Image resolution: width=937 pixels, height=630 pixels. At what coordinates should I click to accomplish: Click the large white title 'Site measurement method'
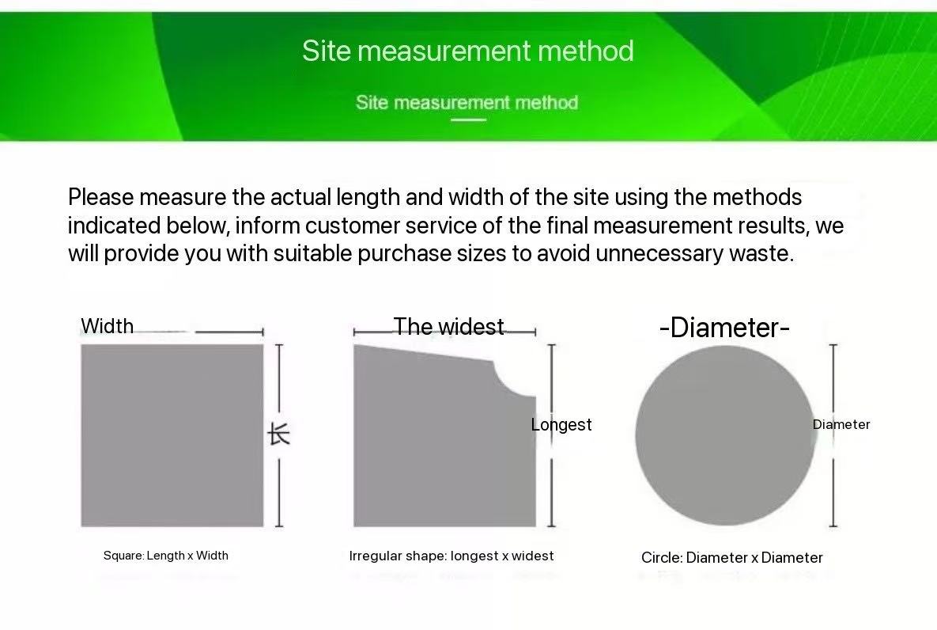[467, 51]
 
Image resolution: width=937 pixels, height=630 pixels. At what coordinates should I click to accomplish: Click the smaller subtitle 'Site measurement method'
[467, 103]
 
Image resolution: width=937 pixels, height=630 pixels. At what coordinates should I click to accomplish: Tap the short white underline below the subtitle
[468, 120]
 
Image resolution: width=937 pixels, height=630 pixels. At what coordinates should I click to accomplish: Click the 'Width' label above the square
[107, 326]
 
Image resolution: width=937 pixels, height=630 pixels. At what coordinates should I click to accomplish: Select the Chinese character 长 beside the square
[279, 434]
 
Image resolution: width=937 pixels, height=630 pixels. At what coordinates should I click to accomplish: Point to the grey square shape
[172, 435]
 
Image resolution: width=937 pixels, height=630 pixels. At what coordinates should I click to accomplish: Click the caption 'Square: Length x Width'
[166, 556]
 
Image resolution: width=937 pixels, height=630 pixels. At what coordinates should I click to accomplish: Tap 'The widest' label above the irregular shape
[448, 327]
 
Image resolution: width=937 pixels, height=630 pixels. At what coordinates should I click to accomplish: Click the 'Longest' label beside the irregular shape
[561, 425]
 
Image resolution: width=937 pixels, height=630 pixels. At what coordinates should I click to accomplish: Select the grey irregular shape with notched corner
[435, 443]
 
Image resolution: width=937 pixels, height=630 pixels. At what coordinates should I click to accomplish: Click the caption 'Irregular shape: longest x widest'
[451, 556]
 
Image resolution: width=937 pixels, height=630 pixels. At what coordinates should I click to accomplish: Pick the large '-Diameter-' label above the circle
[724, 328]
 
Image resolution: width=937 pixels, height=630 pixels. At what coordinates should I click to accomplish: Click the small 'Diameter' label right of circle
[841, 425]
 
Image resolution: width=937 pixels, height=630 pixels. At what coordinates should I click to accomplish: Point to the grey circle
[725, 435]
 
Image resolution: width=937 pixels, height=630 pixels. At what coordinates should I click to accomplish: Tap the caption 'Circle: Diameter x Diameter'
[732, 558]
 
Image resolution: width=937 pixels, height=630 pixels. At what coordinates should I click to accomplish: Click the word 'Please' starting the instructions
[101, 197]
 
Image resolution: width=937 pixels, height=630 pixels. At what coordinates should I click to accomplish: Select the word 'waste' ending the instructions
[761, 254]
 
